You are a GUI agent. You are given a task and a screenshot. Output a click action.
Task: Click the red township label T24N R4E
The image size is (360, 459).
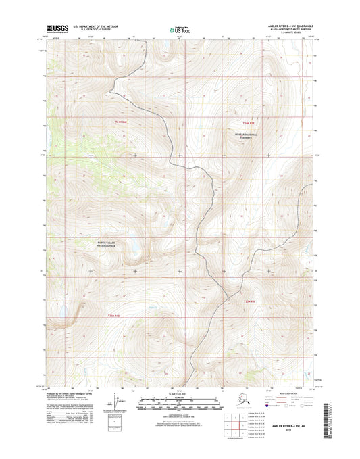[120, 122]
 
